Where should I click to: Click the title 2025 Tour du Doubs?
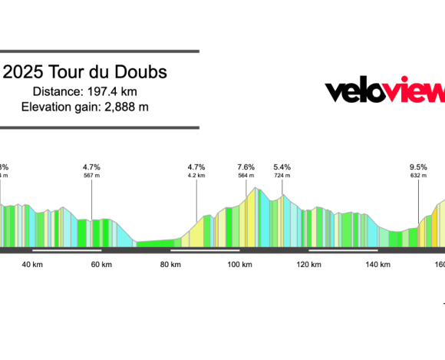[85, 73]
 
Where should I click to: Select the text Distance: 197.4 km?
[86, 91]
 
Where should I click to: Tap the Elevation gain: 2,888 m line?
[85, 106]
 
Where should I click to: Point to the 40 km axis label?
[31, 265]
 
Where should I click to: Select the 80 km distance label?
[170, 265]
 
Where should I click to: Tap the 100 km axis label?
[240, 265]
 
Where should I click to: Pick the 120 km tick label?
[309, 265]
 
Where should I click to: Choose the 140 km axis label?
[378, 265]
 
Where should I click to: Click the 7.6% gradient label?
[246, 167]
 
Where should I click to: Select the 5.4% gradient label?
[282, 167]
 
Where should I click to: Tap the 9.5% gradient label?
[418, 167]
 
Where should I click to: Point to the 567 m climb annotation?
[92, 176]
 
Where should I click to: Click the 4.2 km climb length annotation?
[196, 176]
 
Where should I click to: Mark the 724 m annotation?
[282, 176]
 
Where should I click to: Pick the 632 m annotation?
[418, 176]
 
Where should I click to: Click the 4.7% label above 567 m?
[92, 167]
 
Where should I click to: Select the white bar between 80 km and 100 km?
[205, 250]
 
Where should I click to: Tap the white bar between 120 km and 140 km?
[344, 250]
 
